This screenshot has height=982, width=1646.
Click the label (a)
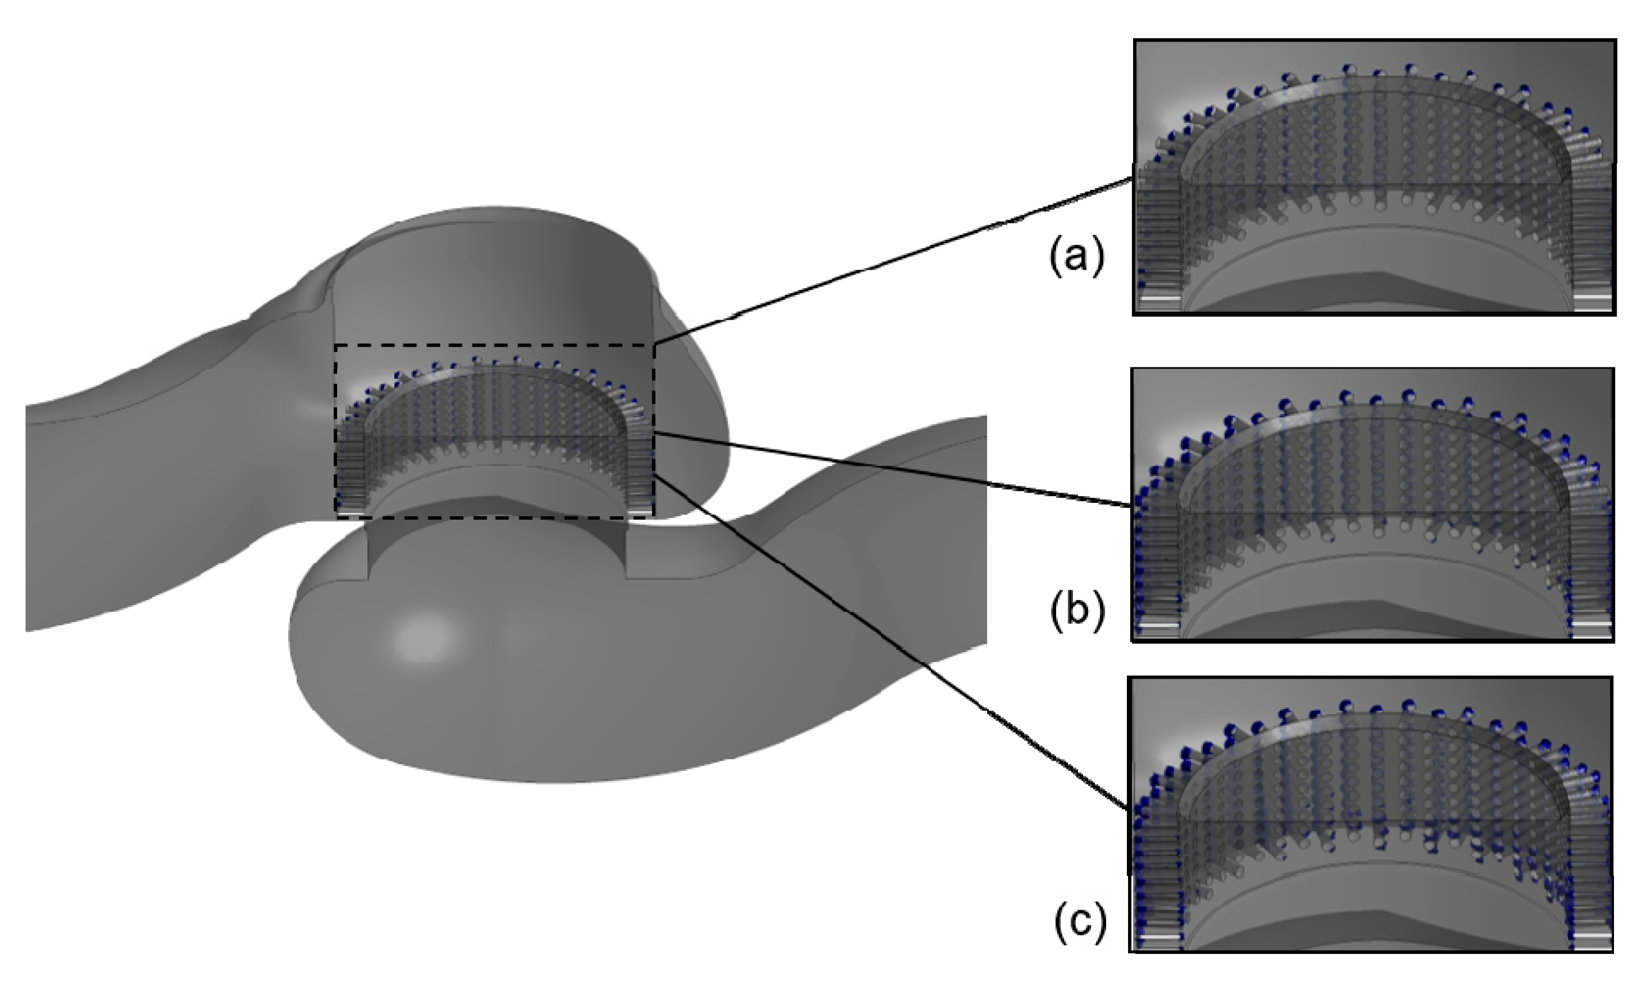(1076, 257)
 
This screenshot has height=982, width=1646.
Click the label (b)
(1077, 611)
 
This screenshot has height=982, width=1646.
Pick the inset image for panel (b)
(1373, 504)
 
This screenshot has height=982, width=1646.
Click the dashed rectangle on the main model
(495, 345)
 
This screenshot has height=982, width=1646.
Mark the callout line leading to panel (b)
(893, 469)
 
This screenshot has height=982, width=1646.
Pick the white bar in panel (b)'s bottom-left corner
(1158, 625)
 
